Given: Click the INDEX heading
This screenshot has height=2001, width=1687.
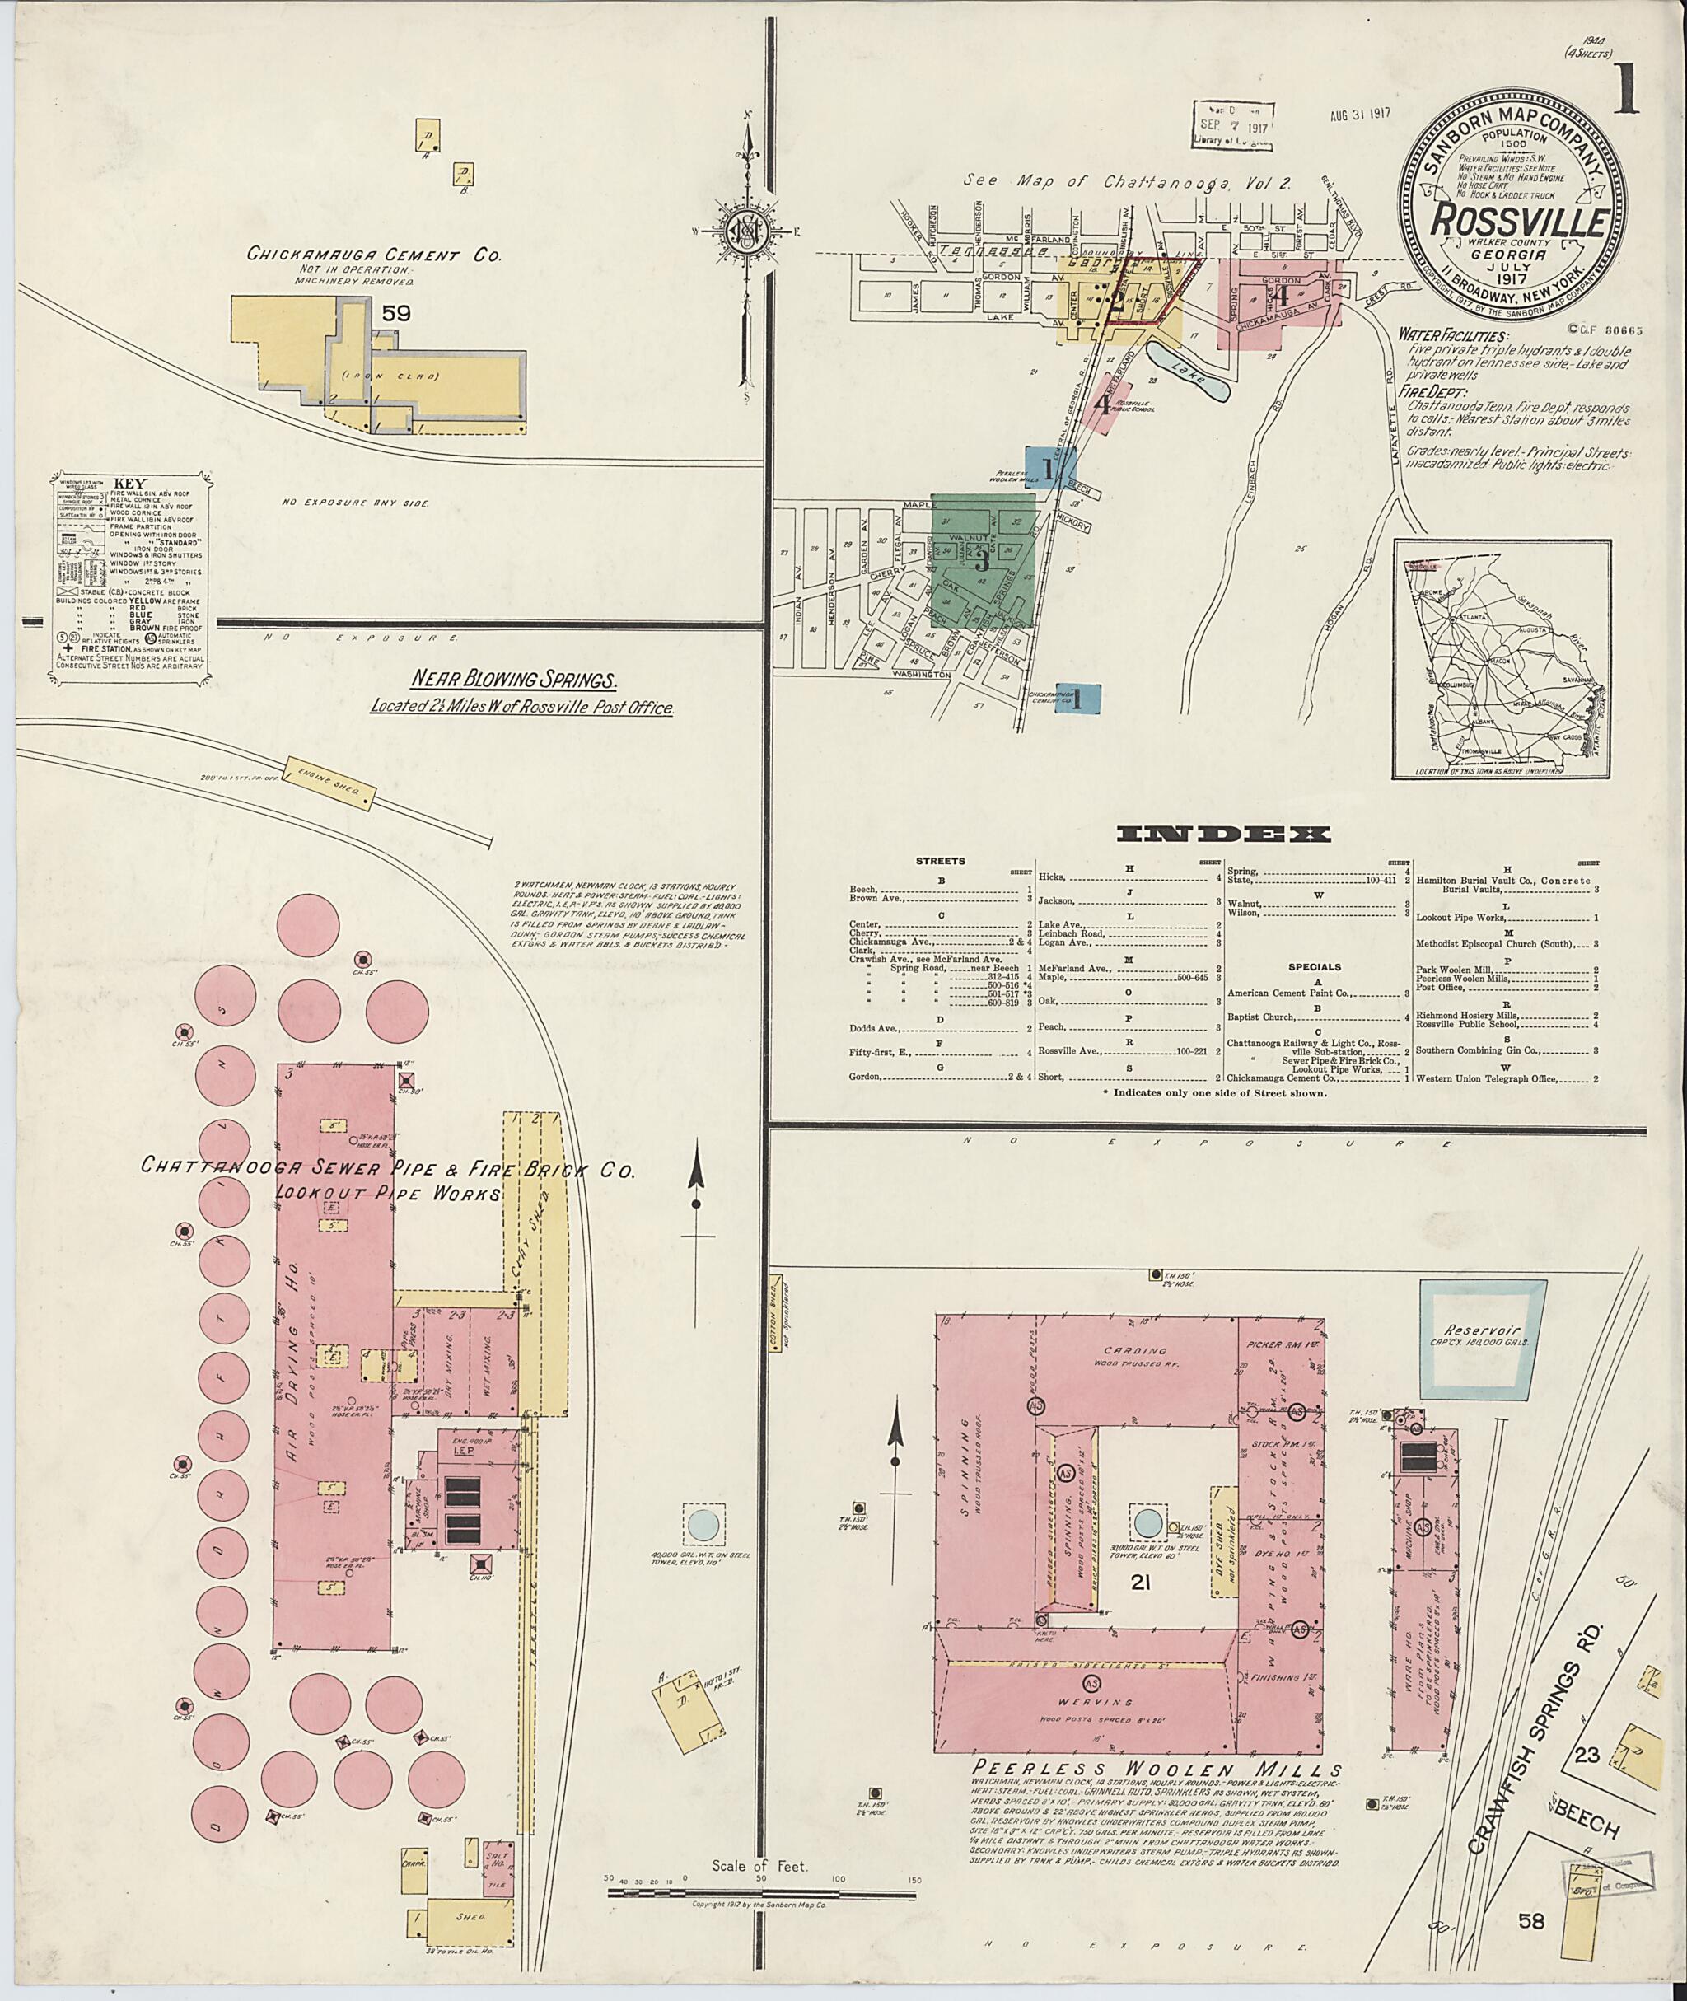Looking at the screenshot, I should pyautogui.click(x=1222, y=834).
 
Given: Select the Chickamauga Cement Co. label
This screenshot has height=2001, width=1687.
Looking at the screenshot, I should pyautogui.click(x=374, y=255).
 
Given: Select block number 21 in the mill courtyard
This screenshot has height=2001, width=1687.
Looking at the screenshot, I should pyautogui.click(x=1138, y=1583).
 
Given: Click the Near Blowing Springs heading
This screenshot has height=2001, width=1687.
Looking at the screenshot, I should pyautogui.click(x=513, y=680).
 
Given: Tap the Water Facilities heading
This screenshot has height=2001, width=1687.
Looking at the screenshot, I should pyautogui.click(x=1454, y=337).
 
